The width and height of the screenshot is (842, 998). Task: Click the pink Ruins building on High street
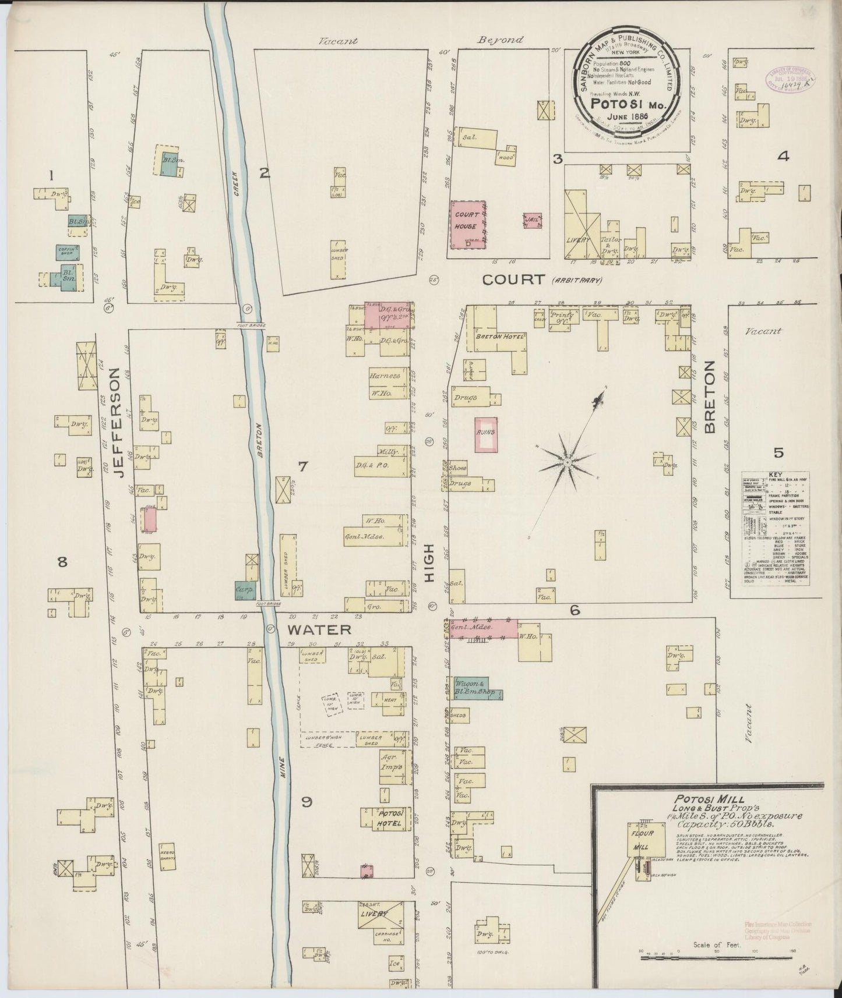click(x=485, y=434)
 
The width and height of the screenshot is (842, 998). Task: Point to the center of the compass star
click(x=566, y=462)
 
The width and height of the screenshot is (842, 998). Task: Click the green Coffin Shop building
click(x=68, y=252)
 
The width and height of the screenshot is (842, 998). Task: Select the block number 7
click(x=302, y=466)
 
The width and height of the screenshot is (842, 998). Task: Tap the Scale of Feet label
click(x=716, y=944)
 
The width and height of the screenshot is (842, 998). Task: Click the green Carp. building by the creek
click(x=244, y=590)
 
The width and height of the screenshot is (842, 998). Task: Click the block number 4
click(x=783, y=155)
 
